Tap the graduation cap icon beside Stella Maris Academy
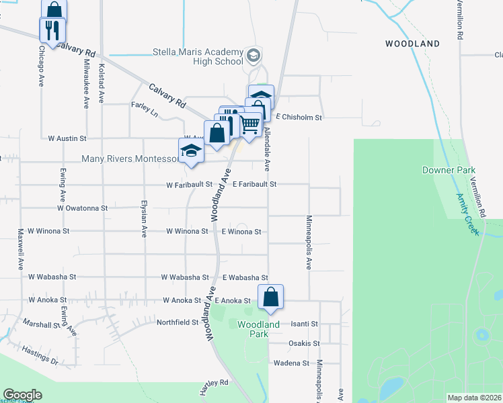[x=253, y=54]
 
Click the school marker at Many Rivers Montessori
[x=191, y=151]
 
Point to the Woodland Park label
[x=258, y=329]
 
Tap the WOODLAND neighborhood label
[x=412, y=44]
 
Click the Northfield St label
[x=178, y=322]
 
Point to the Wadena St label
[x=291, y=363]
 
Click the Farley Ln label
[x=145, y=109]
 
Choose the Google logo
[x=22, y=395]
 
